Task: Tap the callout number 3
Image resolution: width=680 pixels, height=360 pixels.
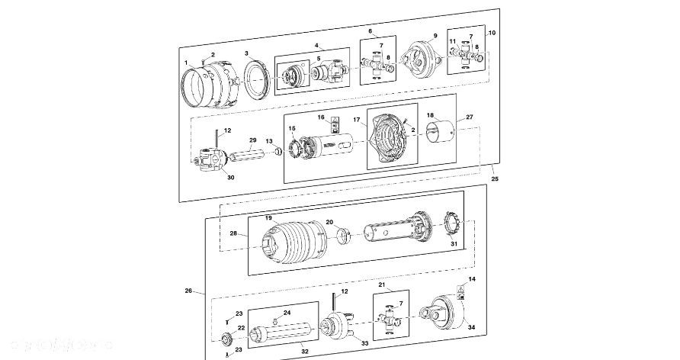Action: (x=247, y=53)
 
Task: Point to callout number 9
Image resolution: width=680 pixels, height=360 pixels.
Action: (x=435, y=36)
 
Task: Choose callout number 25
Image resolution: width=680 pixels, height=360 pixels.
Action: (x=495, y=178)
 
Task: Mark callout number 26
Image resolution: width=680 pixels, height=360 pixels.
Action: (x=189, y=291)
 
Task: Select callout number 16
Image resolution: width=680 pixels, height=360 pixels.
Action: (x=322, y=117)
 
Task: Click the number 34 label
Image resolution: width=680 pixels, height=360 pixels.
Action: (x=471, y=327)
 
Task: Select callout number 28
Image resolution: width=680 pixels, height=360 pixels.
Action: (x=233, y=233)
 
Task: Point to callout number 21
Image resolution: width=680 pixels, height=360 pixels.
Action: (x=383, y=285)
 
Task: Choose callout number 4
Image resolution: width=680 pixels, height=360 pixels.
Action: (x=316, y=47)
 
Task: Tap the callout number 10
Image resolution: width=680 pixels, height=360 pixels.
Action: (x=492, y=33)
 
